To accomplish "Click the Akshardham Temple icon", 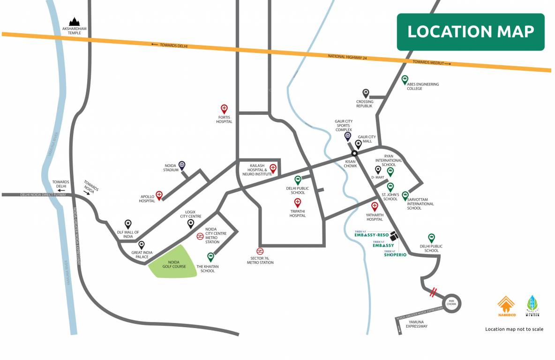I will [x=74, y=22].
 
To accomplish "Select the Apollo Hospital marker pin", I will [x=159, y=195].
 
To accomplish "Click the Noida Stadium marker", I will [x=182, y=165].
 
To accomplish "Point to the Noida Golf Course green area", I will [x=173, y=262].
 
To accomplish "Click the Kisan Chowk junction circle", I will [x=355, y=153].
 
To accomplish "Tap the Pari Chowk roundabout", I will [x=451, y=303].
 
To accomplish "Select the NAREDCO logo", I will [x=506, y=307].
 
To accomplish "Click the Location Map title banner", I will [x=471, y=32].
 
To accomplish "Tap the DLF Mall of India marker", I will [x=128, y=224].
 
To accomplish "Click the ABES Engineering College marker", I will [x=405, y=79].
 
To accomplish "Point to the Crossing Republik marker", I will [x=366, y=93].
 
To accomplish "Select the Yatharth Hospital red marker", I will [x=375, y=206].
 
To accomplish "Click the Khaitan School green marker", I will [x=210, y=256].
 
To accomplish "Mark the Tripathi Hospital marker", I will [x=297, y=202].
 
